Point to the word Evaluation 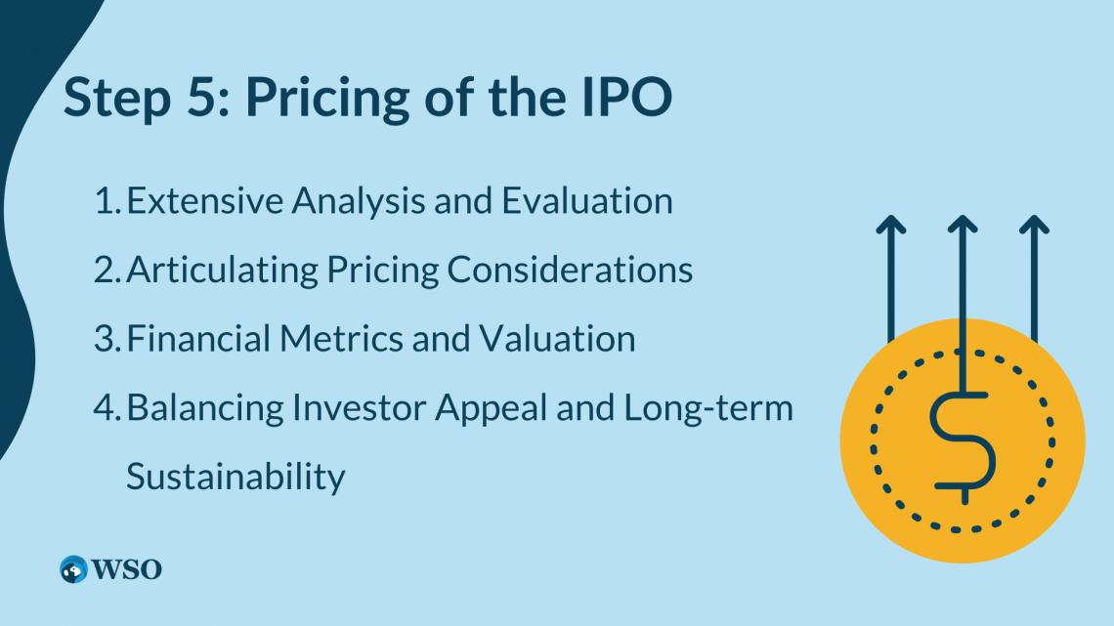(x=587, y=200)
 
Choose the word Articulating (x=223, y=271)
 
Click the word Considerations (x=570, y=270)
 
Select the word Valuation (x=557, y=338)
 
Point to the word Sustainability (x=236, y=477)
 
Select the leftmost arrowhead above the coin (x=891, y=225)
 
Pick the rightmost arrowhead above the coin (x=1035, y=225)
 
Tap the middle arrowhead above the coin (x=963, y=225)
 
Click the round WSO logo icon (x=73, y=569)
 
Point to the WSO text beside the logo (x=127, y=569)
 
